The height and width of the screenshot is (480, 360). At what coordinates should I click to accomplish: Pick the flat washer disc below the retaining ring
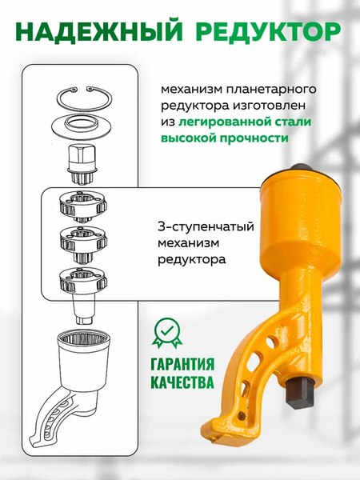click(83, 126)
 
